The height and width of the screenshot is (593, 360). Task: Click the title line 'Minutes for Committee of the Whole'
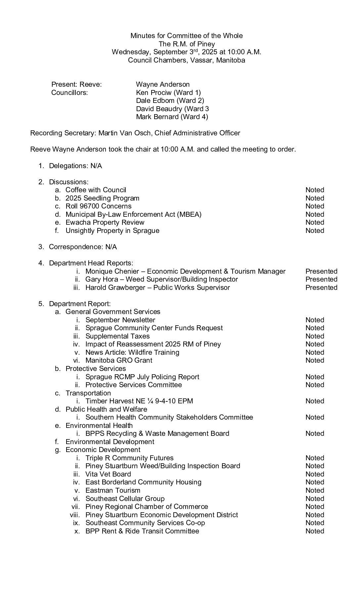(x=186, y=36)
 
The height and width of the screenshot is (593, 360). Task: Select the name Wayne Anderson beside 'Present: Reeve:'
(x=162, y=84)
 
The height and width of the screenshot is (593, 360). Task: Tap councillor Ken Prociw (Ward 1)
(x=168, y=93)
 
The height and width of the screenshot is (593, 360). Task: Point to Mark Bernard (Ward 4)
(x=172, y=117)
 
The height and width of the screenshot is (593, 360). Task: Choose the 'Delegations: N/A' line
(x=75, y=166)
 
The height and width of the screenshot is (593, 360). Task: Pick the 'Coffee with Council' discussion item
(x=96, y=190)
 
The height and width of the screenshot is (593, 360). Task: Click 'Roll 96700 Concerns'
(x=98, y=206)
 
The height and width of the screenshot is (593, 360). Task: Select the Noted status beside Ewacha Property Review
(x=314, y=222)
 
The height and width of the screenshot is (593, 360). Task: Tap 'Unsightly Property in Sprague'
(x=112, y=231)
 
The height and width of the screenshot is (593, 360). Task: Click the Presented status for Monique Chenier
(x=321, y=271)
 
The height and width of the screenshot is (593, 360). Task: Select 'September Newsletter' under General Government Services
(x=120, y=320)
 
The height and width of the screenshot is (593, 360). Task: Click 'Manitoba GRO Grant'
(x=119, y=360)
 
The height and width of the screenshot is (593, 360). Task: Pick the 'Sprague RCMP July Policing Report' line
(x=142, y=377)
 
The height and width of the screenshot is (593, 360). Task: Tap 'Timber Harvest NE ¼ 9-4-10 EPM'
(x=139, y=401)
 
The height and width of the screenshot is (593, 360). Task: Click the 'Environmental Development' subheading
(x=110, y=442)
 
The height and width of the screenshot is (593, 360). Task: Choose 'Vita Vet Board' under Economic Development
(x=108, y=474)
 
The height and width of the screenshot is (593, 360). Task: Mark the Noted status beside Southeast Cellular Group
(x=314, y=499)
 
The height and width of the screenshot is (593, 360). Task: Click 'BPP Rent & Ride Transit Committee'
(x=142, y=531)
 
